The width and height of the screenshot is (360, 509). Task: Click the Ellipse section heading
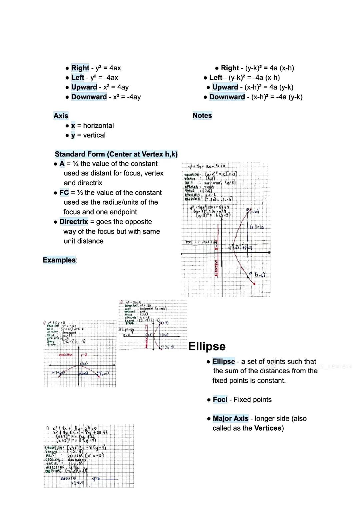[207, 346]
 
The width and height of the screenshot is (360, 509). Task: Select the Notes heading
[202, 116]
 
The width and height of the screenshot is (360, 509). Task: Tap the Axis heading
[61, 116]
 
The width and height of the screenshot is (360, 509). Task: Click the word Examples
[59, 260]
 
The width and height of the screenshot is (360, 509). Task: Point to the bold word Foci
[220, 400]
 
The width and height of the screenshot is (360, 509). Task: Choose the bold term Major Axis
[230, 418]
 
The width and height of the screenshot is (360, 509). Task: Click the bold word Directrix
[74, 222]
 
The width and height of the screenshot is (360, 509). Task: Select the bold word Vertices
[268, 428]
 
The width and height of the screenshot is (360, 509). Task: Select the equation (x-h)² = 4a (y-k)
[269, 87]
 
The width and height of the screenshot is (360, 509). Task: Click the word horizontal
[98, 126]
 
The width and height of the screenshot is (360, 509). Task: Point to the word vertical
[94, 135]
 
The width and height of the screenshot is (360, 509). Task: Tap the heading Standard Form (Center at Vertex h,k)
[116, 154]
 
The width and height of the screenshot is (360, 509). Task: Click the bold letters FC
[64, 193]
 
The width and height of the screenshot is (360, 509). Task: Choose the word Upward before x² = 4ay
[84, 87]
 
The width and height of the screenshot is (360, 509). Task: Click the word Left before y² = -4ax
[77, 78]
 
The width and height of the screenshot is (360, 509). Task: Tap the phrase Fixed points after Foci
[253, 400]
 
